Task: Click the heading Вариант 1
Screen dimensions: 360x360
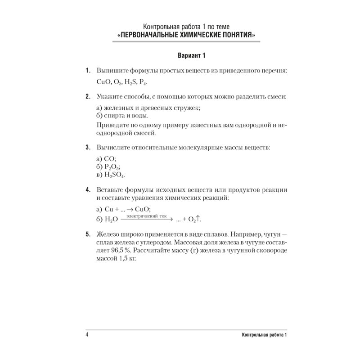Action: click(x=179, y=56)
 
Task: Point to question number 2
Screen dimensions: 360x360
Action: click(x=87, y=96)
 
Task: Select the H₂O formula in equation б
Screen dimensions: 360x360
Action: click(x=111, y=219)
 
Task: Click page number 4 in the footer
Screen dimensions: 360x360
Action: click(x=86, y=335)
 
